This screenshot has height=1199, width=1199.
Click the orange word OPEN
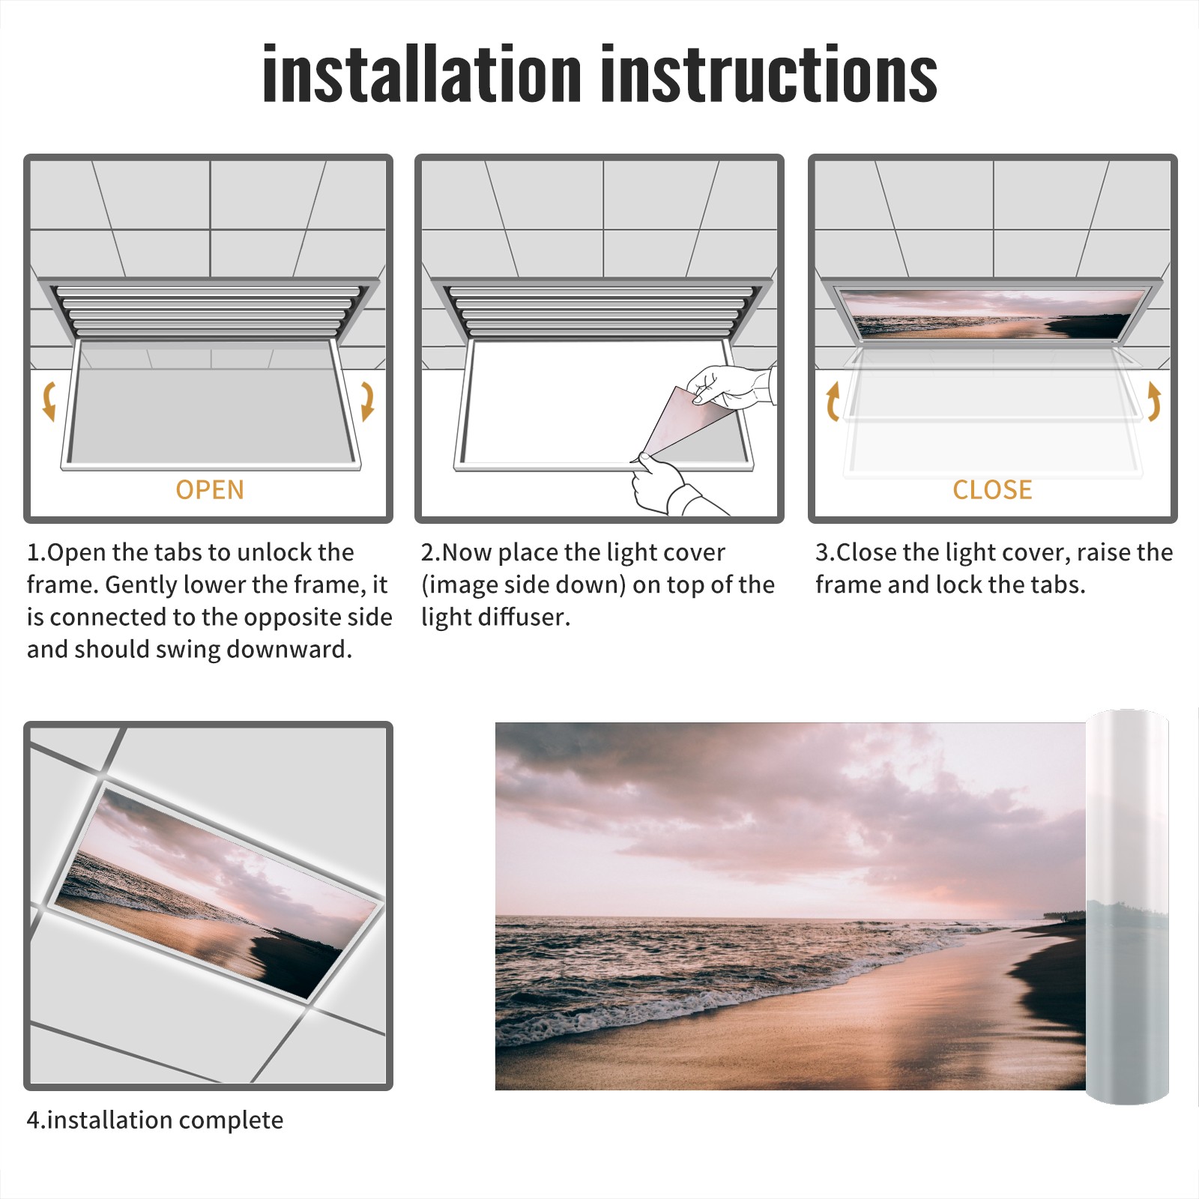click(x=210, y=490)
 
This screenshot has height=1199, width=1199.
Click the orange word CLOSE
click(x=992, y=490)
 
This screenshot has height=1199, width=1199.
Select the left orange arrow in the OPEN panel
click(x=49, y=401)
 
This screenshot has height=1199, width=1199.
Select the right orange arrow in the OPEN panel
click(x=367, y=401)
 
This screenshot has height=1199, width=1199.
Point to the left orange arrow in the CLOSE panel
click(x=833, y=401)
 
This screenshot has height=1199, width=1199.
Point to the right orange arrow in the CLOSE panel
click(x=1154, y=401)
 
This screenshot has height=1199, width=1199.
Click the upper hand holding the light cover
click(x=731, y=386)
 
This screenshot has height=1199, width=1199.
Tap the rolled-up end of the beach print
click(x=1127, y=907)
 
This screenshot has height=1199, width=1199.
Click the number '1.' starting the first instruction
click(x=37, y=552)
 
